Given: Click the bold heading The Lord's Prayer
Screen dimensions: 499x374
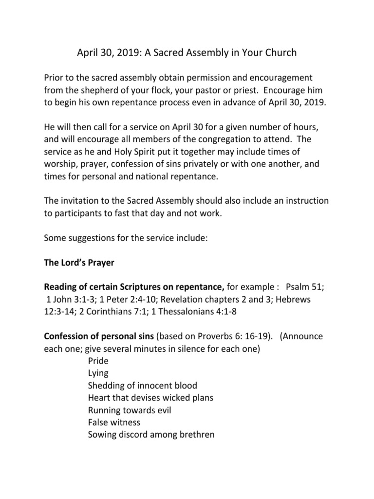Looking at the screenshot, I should [x=79, y=263].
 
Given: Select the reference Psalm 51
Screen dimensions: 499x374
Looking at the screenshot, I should [x=305, y=288].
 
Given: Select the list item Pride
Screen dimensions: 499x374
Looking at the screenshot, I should [x=98, y=361].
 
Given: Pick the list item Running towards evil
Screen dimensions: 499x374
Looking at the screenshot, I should [x=130, y=410].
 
